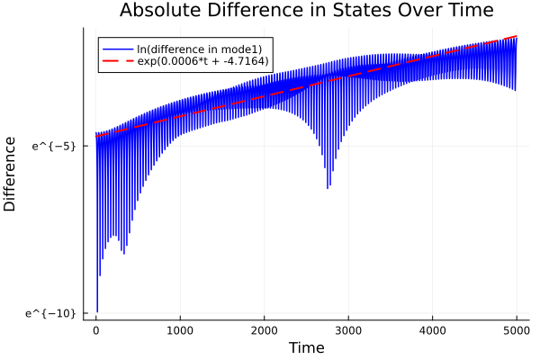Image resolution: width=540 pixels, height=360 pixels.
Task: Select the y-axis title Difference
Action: coord(11,174)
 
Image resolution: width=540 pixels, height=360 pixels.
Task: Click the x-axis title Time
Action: coord(306,347)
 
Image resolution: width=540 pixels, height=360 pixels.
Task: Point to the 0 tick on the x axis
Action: coord(96,329)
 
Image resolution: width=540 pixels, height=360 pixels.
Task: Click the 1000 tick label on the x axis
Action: coord(180,329)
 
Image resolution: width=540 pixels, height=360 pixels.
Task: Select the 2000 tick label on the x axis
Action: coord(264,329)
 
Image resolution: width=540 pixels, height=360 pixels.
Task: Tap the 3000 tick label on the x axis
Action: coord(348,329)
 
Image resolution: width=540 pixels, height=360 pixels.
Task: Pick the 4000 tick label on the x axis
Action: coord(432,329)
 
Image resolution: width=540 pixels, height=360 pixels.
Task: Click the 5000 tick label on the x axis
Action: coord(516,329)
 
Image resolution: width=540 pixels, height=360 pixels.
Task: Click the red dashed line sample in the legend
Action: coord(116,61)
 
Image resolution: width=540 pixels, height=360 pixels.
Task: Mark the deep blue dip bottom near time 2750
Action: coord(328,188)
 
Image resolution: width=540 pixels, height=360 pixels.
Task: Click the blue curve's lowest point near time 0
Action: coord(97,311)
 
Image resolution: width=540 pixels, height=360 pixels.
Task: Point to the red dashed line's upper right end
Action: coord(516,37)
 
